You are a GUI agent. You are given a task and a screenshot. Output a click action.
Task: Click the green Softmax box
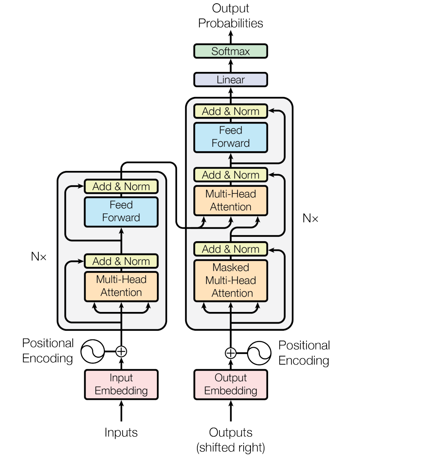pos(231,51)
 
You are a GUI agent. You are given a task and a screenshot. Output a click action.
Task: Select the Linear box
pos(231,80)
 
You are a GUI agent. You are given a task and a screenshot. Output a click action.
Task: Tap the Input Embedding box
pos(121,384)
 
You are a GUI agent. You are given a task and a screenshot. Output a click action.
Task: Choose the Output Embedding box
pos(231,384)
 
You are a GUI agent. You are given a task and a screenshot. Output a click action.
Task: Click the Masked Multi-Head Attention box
pos(231,280)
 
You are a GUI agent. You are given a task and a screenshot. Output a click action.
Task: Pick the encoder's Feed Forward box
pos(121,211)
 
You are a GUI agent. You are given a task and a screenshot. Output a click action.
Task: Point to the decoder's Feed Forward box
pos(231,137)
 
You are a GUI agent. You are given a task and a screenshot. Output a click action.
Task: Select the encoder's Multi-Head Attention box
pos(121,286)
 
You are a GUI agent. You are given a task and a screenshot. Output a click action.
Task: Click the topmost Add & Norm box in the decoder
pos(231,111)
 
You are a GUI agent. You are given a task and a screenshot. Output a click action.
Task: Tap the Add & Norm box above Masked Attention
pos(231,249)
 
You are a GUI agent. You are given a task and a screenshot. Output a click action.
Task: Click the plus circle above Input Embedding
pos(121,351)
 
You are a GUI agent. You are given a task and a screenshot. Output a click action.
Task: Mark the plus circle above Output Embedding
pos(231,353)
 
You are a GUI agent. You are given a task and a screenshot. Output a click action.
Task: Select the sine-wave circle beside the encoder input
pos(92,351)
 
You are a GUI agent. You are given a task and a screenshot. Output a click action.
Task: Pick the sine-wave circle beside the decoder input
pos(259,353)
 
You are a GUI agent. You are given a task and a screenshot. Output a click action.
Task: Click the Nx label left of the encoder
pos(39,257)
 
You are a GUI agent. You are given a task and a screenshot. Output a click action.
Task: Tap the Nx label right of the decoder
pos(310,218)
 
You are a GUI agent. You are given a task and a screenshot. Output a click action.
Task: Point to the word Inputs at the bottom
pos(121,433)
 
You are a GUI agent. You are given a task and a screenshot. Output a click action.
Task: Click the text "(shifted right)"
pos(231,448)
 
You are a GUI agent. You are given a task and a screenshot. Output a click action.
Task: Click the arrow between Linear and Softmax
pos(231,65)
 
